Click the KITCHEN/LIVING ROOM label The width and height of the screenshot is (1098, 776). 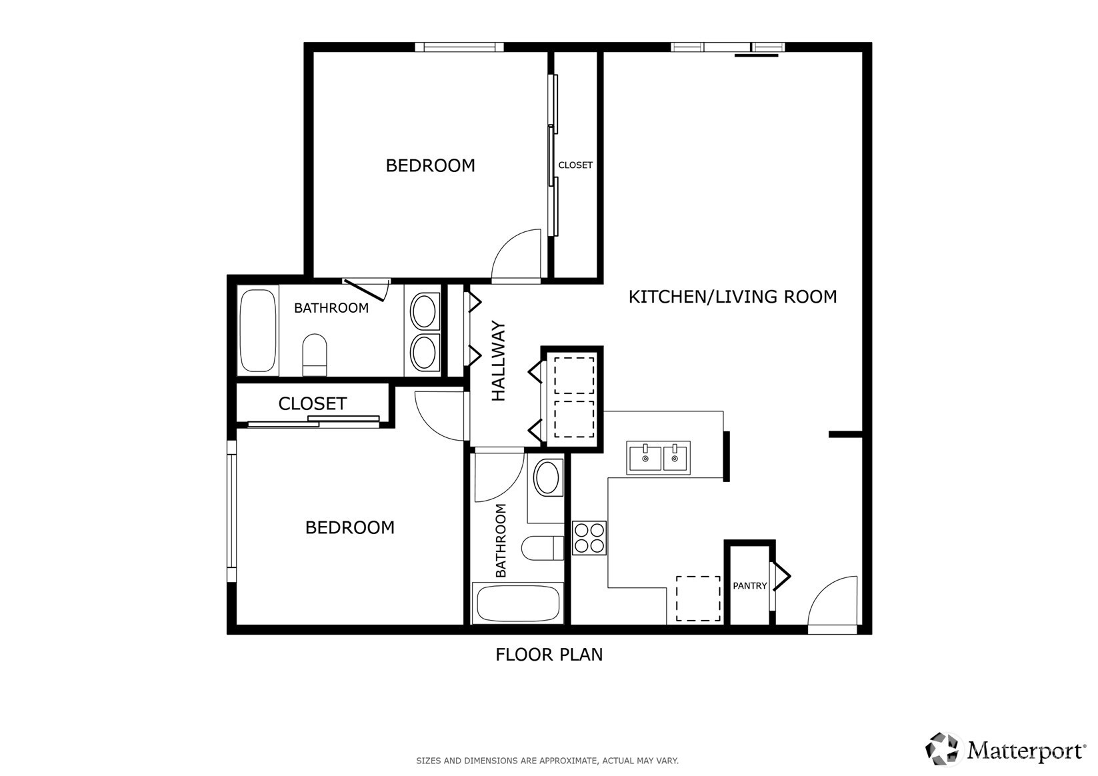tap(732, 297)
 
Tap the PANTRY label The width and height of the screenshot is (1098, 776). tap(749, 586)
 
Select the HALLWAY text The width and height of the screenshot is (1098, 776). tap(499, 361)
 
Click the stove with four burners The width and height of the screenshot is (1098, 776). tap(589, 538)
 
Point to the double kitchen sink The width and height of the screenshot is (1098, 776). tap(658, 457)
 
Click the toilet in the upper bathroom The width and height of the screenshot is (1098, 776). tap(315, 355)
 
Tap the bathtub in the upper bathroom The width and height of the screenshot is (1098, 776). tap(258, 330)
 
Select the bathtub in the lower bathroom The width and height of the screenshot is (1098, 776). tap(517, 603)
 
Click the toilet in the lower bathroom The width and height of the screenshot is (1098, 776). tap(543, 549)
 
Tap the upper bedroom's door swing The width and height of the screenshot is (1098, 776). tap(516, 255)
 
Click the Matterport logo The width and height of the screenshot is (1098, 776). tap(1005, 749)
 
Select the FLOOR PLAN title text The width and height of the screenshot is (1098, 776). tap(549, 655)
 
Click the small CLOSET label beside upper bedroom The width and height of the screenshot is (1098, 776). tap(575, 165)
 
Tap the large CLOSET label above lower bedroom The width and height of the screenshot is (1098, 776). tap(312, 404)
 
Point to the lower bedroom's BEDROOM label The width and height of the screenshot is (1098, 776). tap(349, 528)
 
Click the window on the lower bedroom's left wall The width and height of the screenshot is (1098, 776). tap(231, 510)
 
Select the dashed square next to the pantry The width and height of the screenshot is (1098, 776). tap(698, 599)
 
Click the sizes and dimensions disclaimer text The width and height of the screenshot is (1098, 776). tap(547, 761)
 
